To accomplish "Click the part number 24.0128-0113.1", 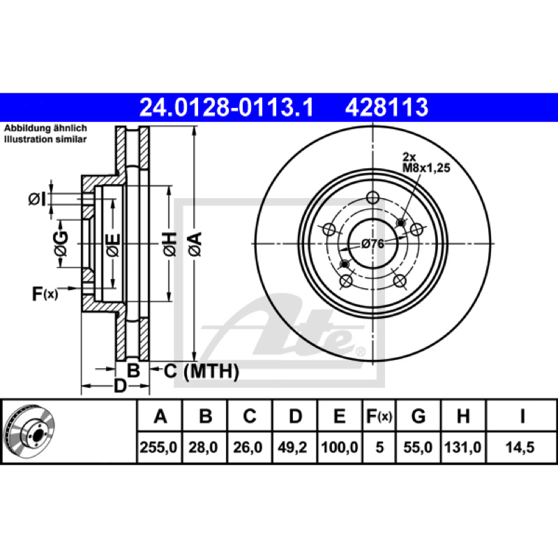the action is coord(226,107).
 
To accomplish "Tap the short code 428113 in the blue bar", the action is coord(386,107).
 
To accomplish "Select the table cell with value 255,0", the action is coord(159,447).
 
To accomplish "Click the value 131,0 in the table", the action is coord(463,447).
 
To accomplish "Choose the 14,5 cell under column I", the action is coord(520,447).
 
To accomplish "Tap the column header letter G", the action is coord(418,416).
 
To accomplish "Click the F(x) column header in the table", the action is coord(379,416).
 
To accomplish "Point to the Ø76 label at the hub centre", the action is coord(372,243).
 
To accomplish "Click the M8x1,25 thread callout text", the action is coord(426,167).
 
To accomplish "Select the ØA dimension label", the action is coord(195,244).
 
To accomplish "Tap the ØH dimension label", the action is coord(169,244).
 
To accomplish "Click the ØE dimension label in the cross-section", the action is coord(114,245).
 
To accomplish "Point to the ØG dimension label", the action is coord(61,243).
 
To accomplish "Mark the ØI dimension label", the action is coord(37,199).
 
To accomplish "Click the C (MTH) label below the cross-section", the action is coord(202,371).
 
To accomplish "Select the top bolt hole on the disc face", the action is coord(372,197).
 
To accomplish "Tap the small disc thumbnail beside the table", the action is coord(29,432).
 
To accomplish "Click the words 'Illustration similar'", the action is coord(45,139).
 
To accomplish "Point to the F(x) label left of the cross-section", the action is coord(45,294).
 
